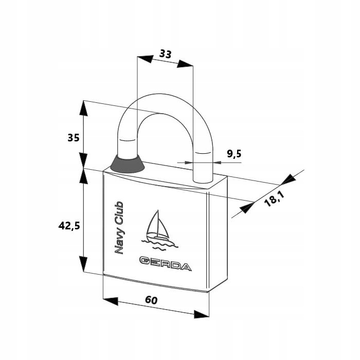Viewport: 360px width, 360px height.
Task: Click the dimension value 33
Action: pos(166,54)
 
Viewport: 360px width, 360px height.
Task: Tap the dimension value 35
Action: pos(74,138)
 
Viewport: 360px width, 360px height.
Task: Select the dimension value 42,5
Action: pos(69,226)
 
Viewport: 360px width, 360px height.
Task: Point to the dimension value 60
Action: pos(151,300)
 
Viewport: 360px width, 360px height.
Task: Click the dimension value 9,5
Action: pos(234,154)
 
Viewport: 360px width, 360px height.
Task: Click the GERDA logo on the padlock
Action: pos(165,264)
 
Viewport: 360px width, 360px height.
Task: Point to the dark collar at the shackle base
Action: pos(128,164)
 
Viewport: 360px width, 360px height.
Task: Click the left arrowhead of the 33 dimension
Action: pos(145,59)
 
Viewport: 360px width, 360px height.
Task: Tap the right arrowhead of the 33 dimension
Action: pos(185,64)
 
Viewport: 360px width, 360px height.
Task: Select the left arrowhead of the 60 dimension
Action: pos(111,301)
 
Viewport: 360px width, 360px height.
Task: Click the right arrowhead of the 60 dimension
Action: pos(202,314)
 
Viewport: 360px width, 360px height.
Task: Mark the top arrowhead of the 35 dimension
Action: pos(83,108)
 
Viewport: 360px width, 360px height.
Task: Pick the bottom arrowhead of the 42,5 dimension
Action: pos(83,264)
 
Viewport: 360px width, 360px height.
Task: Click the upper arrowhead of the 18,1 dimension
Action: pos(289,179)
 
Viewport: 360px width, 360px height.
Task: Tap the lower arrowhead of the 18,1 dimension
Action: pos(247,208)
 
